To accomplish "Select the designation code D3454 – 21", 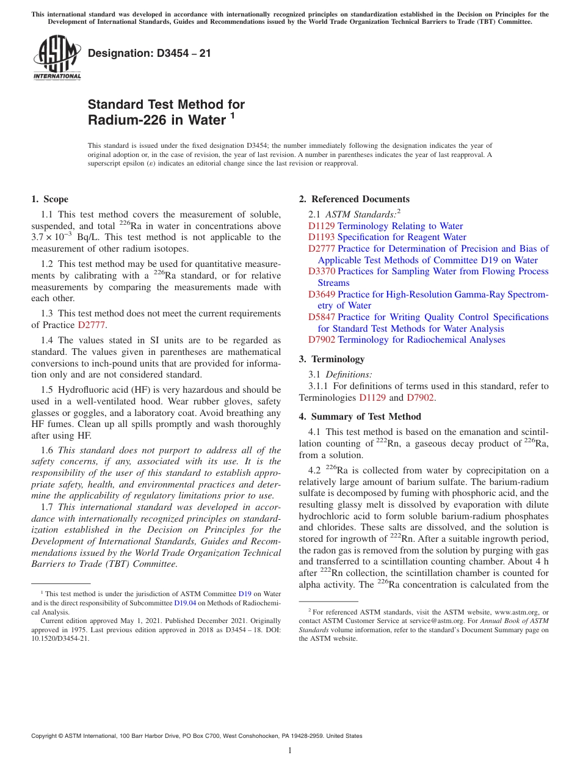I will [x=150, y=53].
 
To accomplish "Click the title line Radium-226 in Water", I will [x=157, y=120].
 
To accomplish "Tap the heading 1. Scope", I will [x=50, y=199].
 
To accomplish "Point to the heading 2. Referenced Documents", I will [x=354, y=199].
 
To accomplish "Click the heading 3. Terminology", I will [x=332, y=359].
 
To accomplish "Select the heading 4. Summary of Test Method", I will [x=360, y=417].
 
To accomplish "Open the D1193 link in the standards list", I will [x=321, y=237].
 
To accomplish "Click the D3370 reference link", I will [x=321, y=271].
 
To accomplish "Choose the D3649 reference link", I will [x=321, y=294].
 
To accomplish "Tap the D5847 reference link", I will [x=321, y=317].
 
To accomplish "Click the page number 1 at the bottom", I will [x=289, y=751].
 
